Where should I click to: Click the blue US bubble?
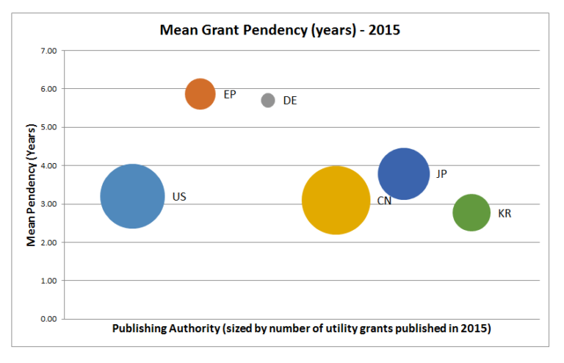coord(132,196)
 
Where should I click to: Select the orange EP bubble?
coord(200,94)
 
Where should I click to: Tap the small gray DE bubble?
coord(268,100)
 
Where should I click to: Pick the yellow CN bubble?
coord(336,200)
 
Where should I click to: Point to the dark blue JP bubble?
coord(403,174)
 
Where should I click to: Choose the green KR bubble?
coord(471,212)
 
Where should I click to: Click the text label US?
coord(179,197)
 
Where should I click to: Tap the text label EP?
coord(230,94)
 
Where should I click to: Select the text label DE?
coord(290,101)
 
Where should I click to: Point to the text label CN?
coord(384,201)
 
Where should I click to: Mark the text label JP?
coord(441,174)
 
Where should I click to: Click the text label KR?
coord(505,214)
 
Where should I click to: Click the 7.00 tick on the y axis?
coord(48,51)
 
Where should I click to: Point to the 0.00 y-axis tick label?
coord(48,319)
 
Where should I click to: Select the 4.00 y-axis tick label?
coord(48,165)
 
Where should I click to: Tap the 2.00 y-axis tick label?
coord(48,242)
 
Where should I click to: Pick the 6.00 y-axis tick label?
coord(48,89)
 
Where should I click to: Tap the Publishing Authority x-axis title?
coord(301,328)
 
